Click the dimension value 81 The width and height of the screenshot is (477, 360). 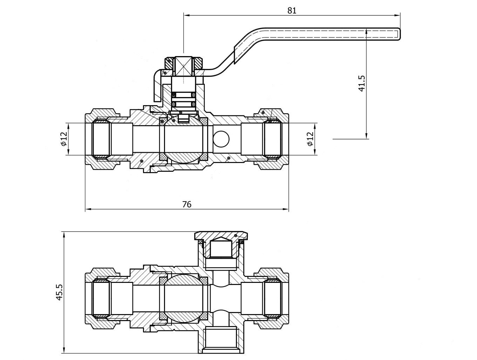[x=292, y=11]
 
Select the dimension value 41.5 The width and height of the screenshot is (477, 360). [x=362, y=83]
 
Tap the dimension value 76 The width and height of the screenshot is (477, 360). [x=187, y=204]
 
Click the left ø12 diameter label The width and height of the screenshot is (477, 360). [x=63, y=139]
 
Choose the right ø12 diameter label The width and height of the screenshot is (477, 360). [x=310, y=139]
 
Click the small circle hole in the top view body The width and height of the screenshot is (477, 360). [x=222, y=139]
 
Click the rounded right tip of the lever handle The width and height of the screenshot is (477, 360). [x=398, y=34]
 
